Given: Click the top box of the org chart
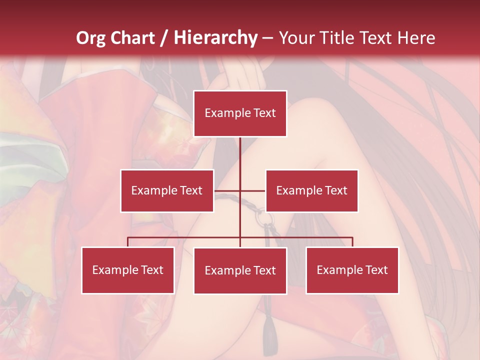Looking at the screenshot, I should point(240,113).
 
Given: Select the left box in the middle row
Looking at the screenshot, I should point(167,190).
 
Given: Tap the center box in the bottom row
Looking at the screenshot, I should point(240,270).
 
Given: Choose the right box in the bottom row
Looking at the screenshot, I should point(352,270).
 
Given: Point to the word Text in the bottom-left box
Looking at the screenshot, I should point(151,270).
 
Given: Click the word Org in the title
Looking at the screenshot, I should point(90,38).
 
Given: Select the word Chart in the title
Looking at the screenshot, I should point(132,38).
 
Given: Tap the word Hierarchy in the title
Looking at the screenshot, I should point(215,38).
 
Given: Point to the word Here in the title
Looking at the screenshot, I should point(418,38).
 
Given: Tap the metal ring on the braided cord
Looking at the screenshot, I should point(262,218).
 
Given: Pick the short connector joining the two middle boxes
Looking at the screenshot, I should point(240,191).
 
